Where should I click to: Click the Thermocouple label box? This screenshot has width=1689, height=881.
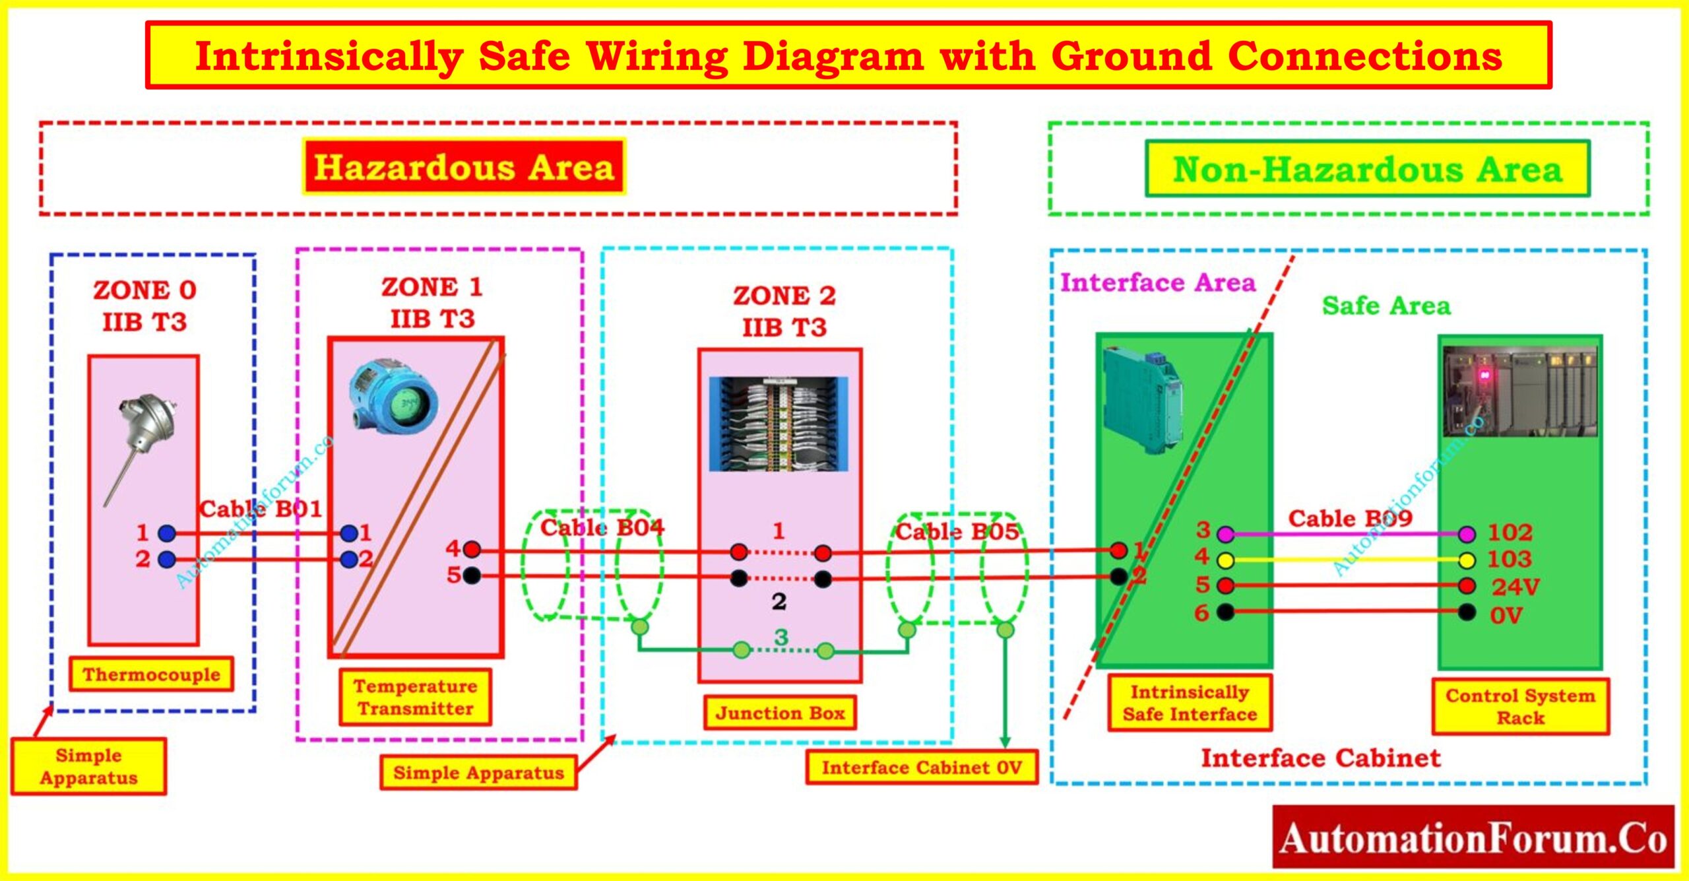point(151,674)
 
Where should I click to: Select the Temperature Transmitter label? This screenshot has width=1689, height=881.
point(415,697)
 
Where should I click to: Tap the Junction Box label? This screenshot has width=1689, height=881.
point(780,713)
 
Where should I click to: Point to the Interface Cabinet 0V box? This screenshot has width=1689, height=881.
point(921,767)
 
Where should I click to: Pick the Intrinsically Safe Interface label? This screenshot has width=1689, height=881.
point(1190,702)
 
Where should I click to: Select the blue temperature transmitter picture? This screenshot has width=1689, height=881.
point(393,396)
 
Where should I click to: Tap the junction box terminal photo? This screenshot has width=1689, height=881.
point(779,424)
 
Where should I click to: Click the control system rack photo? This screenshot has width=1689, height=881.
point(1520,391)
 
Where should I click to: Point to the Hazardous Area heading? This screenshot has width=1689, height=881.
point(464,167)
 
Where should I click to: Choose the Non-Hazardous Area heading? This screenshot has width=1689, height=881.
point(1367,169)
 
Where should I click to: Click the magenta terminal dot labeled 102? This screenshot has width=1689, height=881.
point(1467,533)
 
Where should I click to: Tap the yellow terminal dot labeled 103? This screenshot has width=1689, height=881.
point(1467,560)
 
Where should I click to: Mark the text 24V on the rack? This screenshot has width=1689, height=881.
point(1515,587)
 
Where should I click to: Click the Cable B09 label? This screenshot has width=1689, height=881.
point(1350,518)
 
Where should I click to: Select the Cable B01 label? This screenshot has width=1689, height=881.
point(261,509)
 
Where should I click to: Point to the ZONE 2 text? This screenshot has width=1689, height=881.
point(784,295)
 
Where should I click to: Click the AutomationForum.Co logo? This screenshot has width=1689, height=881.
point(1473,837)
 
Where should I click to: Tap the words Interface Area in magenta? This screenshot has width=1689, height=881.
point(1157,282)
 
